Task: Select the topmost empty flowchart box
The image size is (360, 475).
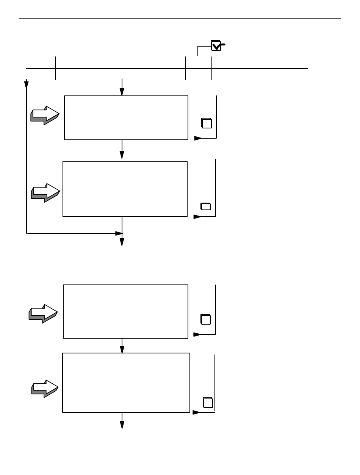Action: pyautogui.click(x=126, y=118)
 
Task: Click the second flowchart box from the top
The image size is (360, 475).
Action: pyautogui.click(x=125, y=189)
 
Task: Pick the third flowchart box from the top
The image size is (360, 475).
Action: pyautogui.click(x=125, y=311)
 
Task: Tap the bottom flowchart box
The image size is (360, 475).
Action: pyautogui.click(x=126, y=383)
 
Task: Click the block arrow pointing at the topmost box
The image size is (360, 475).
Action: pyautogui.click(x=45, y=115)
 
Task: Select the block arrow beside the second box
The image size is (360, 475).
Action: pyautogui.click(x=45, y=193)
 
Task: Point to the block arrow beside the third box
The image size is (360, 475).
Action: pyautogui.click(x=43, y=314)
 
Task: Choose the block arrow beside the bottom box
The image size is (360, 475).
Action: pyautogui.click(x=45, y=389)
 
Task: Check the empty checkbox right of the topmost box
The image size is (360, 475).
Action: pyautogui.click(x=207, y=123)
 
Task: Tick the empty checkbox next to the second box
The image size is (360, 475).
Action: pyautogui.click(x=205, y=206)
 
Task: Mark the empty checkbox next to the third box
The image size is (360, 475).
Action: pyautogui.click(x=205, y=319)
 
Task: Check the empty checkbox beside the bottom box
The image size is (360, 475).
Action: pyautogui.click(x=208, y=403)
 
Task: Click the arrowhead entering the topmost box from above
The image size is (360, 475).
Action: pyautogui.click(x=122, y=92)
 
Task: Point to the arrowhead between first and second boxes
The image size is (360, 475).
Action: pyautogui.click(x=122, y=155)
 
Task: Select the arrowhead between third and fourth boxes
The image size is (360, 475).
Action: pyautogui.click(x=122, y=349)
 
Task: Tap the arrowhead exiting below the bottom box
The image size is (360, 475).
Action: pyautogui.click(x=122, y=425)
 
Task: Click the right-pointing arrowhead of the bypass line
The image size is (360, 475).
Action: pyautogui.click(x=119, y=233)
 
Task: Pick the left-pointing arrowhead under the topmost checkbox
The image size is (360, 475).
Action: pyautogui.click(x=198, y=138)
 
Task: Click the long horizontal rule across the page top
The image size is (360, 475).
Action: pyautogui.click(x=180, y=18)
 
